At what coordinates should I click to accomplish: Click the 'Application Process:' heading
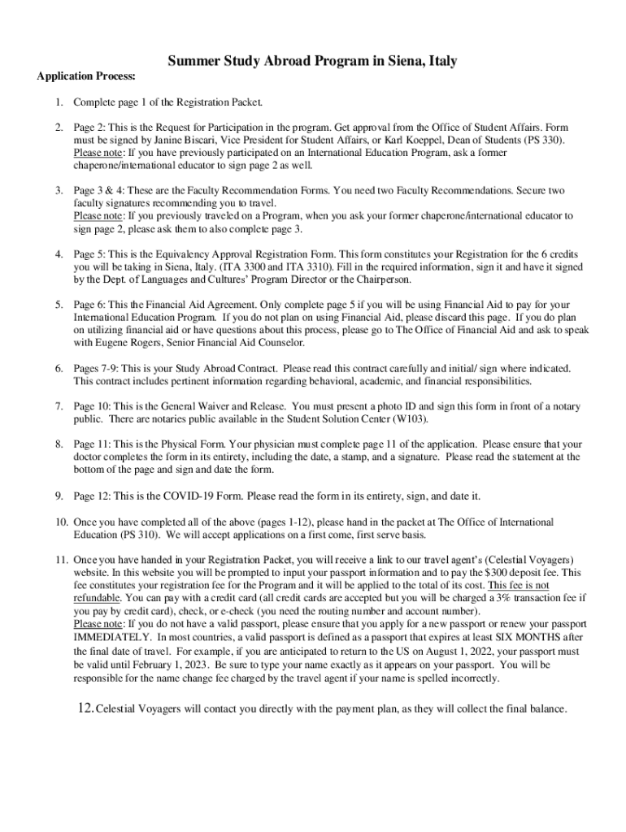click(86, 76)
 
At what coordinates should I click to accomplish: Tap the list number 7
click(59, 405)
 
